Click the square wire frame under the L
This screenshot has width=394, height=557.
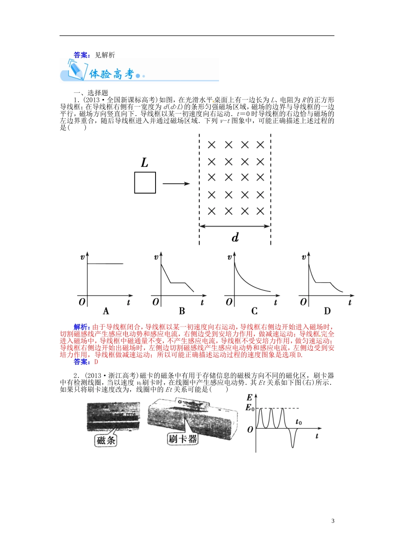145,183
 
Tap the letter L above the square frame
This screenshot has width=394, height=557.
144,162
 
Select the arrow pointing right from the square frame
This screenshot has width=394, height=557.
176,184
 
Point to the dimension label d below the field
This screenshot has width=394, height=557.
235,237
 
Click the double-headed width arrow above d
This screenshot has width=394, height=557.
235,226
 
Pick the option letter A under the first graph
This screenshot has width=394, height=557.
106,311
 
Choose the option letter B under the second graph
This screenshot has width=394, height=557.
182,311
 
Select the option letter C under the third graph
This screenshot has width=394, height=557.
254,311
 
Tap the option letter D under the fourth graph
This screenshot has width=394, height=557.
327,311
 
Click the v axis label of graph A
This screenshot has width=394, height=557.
82,257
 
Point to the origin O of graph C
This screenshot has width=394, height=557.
229,302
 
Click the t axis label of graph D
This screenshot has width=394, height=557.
350,303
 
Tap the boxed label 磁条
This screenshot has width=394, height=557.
106,440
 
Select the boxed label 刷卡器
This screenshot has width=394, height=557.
182,439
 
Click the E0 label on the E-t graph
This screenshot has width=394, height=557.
250,408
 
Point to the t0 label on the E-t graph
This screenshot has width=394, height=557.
299,422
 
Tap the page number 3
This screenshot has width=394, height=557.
333,521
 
